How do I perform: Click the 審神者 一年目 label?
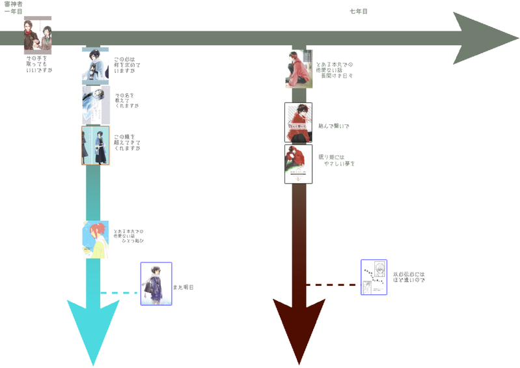click(14, 8)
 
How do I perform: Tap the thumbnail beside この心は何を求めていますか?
click(94, 66)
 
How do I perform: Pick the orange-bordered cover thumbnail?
click(94, 145)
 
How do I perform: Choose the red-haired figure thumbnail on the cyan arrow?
click(95, 239)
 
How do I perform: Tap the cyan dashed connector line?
click(120, 293)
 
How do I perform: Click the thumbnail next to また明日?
click(156, 283)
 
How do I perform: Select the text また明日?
click(184, 287)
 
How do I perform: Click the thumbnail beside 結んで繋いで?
click(298, 122)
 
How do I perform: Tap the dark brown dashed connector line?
click(333, 285)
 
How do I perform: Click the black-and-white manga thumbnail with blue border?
click(374, 277)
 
